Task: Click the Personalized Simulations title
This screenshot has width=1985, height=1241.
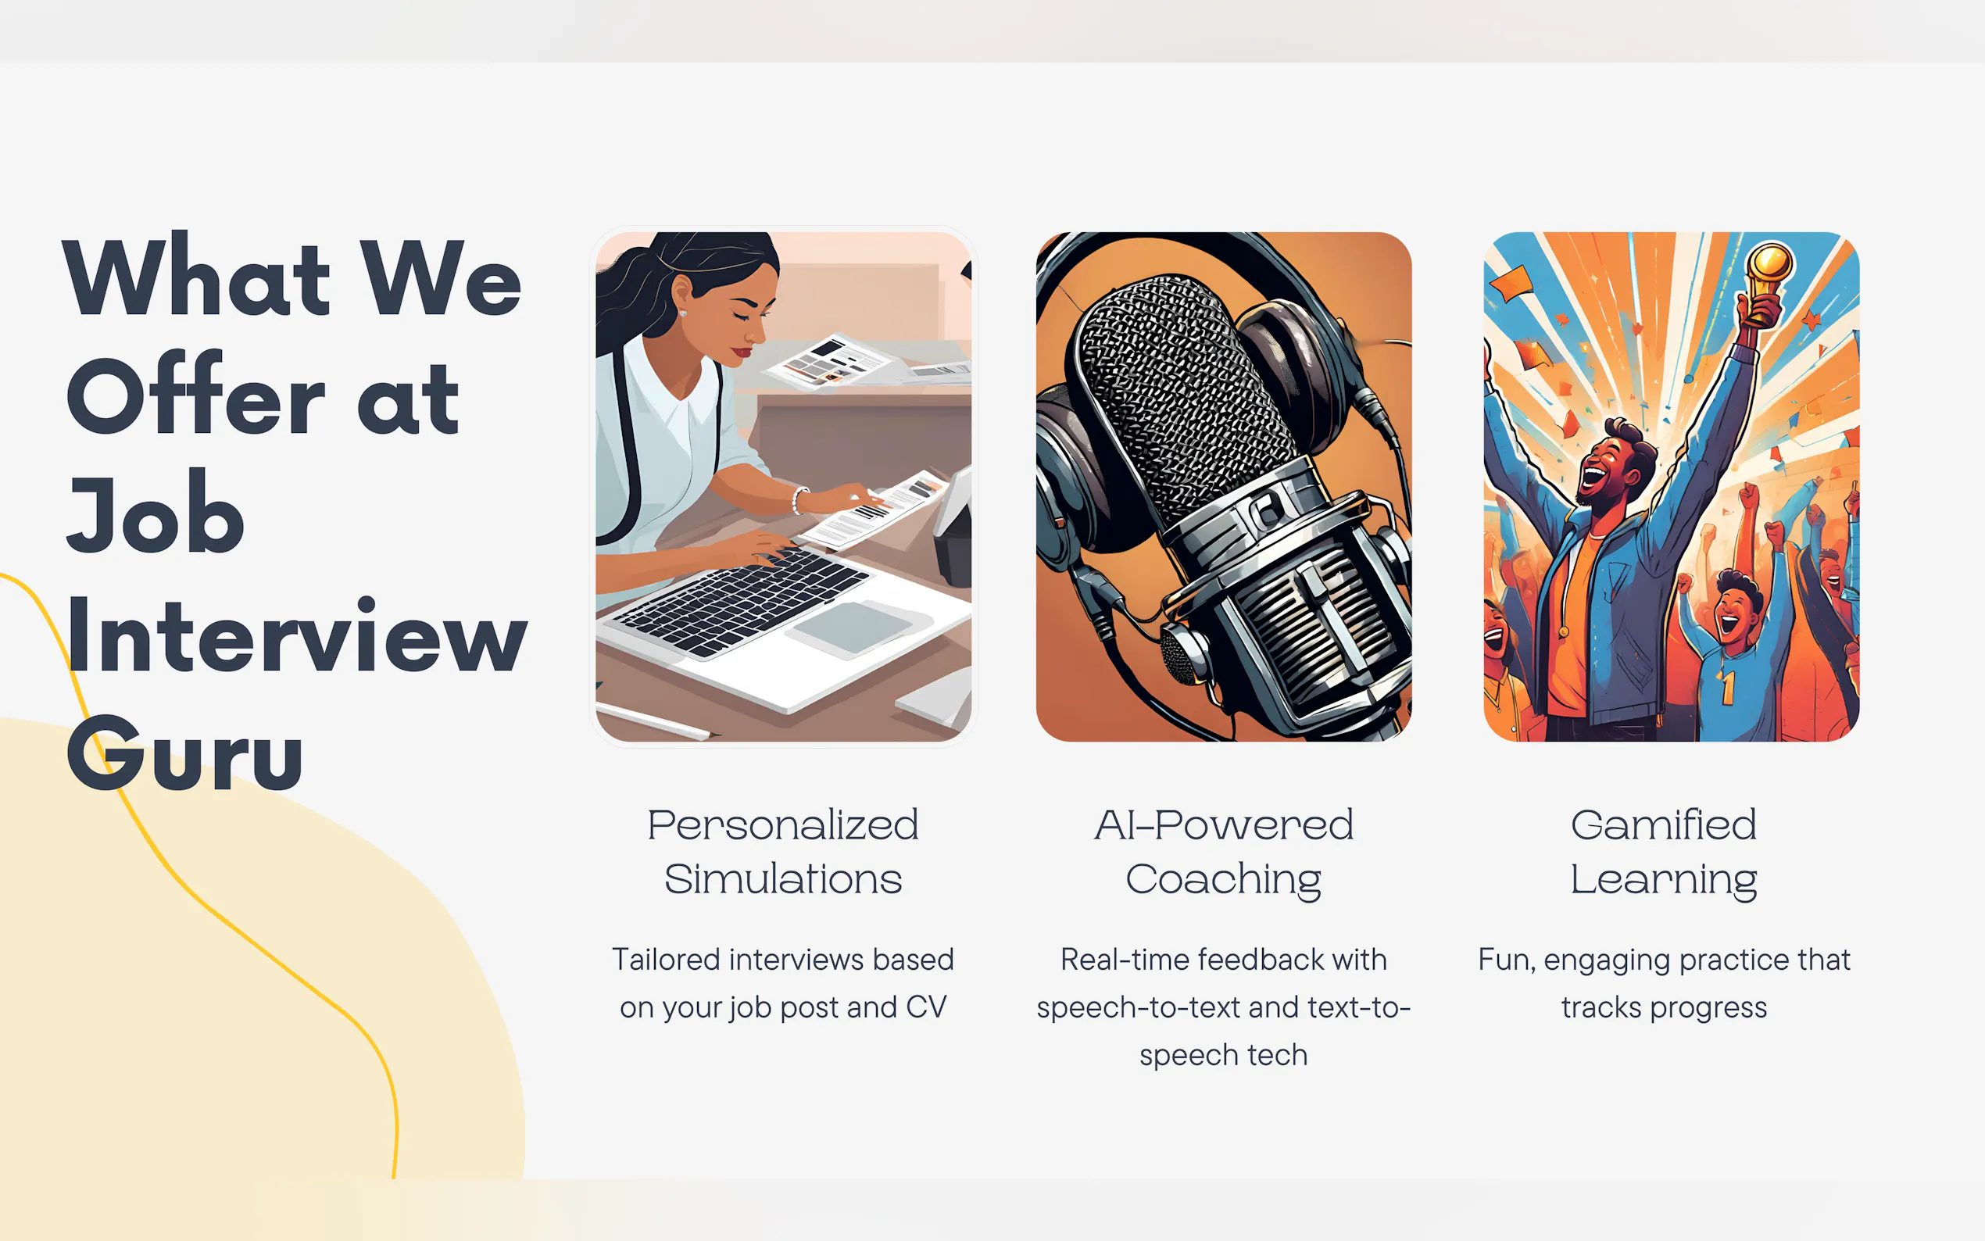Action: (x=783, y=851)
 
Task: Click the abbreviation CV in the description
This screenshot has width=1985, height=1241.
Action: (x=925, y=1007)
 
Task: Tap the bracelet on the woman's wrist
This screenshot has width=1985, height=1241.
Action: (x=799, y=500)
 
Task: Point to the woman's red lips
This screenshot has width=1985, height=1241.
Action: (x=741, y=352)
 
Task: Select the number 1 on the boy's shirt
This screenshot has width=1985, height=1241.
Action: (x=1727, y=687)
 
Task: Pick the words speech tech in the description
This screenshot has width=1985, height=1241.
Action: (x=1224, y=1056)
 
